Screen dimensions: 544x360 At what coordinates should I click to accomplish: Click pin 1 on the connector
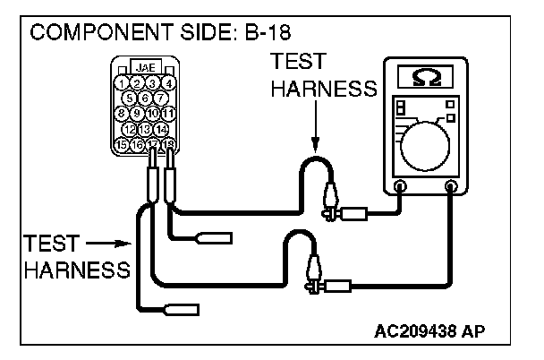(123, 83)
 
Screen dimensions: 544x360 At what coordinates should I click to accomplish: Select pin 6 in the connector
(146, 98)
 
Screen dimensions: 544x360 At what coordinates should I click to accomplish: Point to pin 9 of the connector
(138, 114)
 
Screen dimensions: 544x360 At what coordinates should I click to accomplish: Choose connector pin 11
(168, 114)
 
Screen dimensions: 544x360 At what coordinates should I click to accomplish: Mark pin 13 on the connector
(146, 129)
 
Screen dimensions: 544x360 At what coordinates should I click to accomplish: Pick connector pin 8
(123, 114)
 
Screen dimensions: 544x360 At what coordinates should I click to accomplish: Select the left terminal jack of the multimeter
(400, 187)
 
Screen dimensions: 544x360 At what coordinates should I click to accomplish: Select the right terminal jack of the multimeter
(452, 187)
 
